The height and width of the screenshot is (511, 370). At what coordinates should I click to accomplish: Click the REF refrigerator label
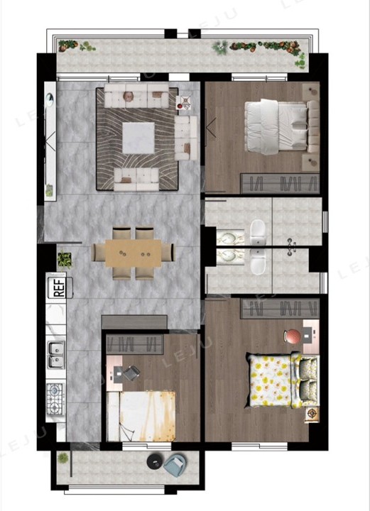[x=59, y=287]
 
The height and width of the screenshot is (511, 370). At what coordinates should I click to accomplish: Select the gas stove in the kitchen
[x=55, y=399]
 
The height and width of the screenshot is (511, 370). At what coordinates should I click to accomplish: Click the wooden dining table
[x=134, y=253]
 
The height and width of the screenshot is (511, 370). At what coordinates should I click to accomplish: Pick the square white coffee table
[x=138, y=138]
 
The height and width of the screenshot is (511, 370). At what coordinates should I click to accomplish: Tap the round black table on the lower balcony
[x=155, y=461]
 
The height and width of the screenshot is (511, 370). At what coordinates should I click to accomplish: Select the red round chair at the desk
[x=292, y=336]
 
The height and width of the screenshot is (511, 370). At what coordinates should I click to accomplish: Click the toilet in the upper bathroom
[x=258, y=231]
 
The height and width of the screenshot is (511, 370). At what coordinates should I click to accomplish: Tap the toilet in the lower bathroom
[x=258, y=262]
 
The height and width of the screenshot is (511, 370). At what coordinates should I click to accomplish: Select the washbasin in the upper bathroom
[x=231, y=237]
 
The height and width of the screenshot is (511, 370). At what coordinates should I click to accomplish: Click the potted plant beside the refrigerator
[x=65, y=260]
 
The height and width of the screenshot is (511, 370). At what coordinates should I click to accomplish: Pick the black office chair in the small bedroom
[x=131, y=373]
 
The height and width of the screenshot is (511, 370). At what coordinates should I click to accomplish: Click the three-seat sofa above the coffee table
[x=136, y=96]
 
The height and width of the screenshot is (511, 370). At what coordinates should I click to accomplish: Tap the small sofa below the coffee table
[x=136, y=180]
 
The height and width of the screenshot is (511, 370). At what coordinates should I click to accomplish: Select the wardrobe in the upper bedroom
[x=280, y=184]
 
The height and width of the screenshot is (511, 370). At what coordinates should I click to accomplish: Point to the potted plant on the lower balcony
[x=63, y=458]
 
